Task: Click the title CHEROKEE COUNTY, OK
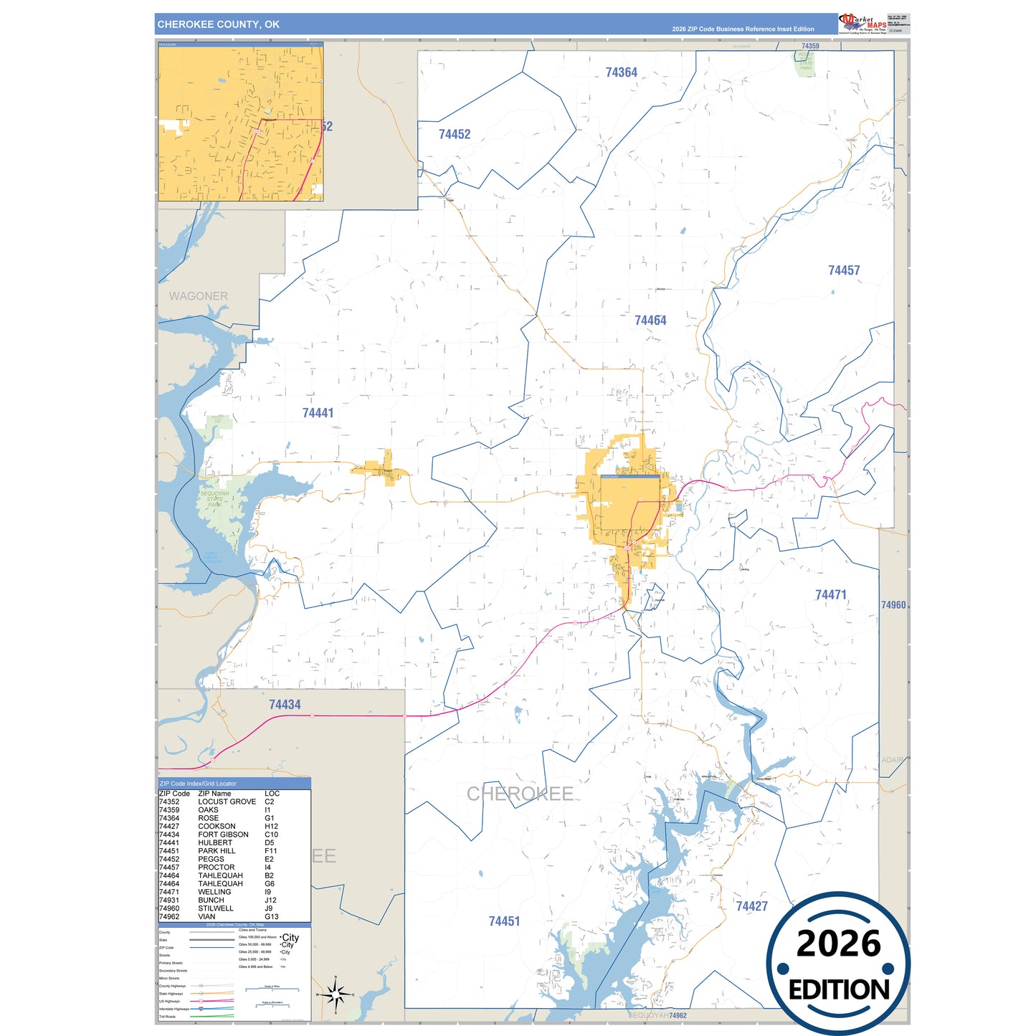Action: [x=218, y=24]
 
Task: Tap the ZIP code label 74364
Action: [x=621, y=72]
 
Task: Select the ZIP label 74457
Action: [x=843, y=270]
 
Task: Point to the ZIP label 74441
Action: [x=318, y=413]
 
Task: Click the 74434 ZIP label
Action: [x=285, y=705]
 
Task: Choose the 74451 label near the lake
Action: [x=504, y=921]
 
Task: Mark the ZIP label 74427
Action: [x=751, y=906]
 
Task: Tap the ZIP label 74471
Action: [x=830, y=595]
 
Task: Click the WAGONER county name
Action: [x=199, y=296]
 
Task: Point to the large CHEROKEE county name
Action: [x=520, y=794]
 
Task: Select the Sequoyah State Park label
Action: [x=214, y=499]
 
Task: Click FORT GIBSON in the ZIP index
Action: [x=223, y=835]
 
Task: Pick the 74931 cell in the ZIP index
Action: [x=169, y=900]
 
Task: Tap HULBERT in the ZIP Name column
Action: [x=215, y=842]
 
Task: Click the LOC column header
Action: [x=272, y=794]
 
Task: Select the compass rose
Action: [x=335, y=994]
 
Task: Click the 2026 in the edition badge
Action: [x=838, y=944]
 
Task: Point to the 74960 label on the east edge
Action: [x=893, y=605]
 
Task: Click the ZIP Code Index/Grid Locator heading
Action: [x=198, y=784]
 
